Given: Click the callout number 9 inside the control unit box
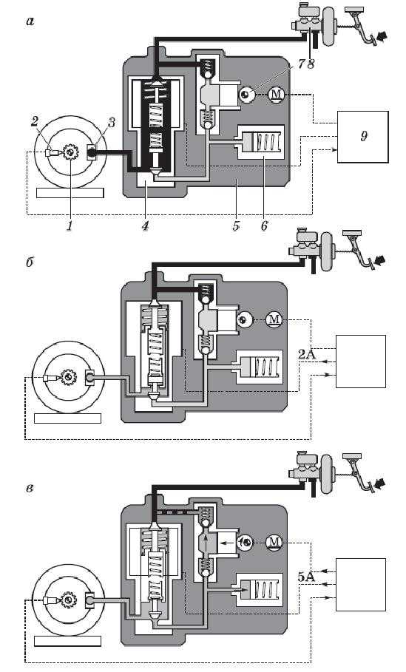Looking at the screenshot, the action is (364, 136).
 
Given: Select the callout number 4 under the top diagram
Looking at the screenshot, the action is (146, 225).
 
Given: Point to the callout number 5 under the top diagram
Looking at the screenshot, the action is (236, 225).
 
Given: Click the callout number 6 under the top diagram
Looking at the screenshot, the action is (264, 225).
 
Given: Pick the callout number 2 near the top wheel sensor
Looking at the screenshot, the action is (35, 121).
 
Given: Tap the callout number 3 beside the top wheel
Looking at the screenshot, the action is (111, 123).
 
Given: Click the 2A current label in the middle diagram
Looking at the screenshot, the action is (306, 354).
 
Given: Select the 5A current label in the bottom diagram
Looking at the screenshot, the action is (306, 577).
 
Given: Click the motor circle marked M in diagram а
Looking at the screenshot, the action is (276, 94).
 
